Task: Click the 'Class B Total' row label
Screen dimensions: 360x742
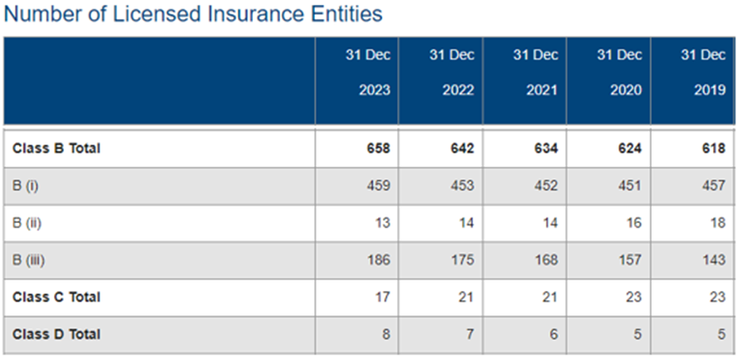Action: coord(56,148)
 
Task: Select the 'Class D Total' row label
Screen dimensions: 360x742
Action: coord(56,334)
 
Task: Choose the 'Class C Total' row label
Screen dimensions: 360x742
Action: coord(56,297)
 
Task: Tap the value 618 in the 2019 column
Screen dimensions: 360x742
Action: coord(713,148)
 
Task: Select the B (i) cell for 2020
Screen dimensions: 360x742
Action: coord(629,186)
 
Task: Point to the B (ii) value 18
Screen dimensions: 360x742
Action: coord(717,223)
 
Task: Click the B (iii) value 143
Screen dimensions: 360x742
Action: coord(713,260)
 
